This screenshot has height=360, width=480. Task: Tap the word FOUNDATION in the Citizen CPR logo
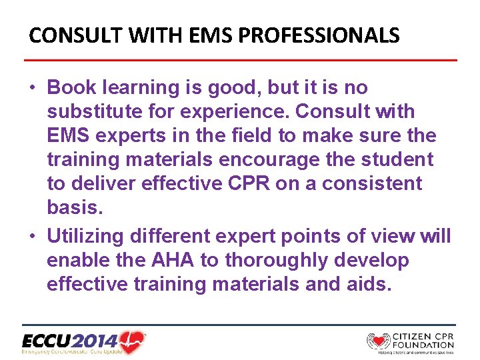coord(423,345)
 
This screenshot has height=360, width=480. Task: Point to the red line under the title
coord(240,61)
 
